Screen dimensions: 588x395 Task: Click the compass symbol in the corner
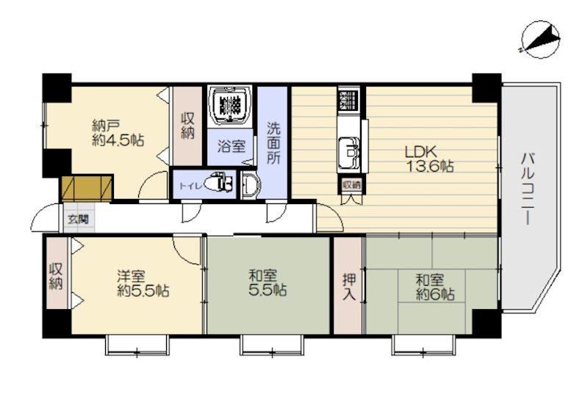(541, 40)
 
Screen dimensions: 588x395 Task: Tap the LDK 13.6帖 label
(429, 159)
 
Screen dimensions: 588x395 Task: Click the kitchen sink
(348, 153)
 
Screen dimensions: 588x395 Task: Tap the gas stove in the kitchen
(348, 98)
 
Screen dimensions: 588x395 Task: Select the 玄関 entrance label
(78, 219)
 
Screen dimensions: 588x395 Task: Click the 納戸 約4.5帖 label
(118, 133)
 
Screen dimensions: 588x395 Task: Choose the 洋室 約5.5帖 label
(143, 283)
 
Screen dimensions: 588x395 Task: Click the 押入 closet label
(349, 287)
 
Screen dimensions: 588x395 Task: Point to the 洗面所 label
(273, 143)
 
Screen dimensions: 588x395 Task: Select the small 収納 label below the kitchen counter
(351, 185)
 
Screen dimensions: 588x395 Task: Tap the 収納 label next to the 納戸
(187, 126)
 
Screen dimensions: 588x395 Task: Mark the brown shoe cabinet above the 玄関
(87, 188)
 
